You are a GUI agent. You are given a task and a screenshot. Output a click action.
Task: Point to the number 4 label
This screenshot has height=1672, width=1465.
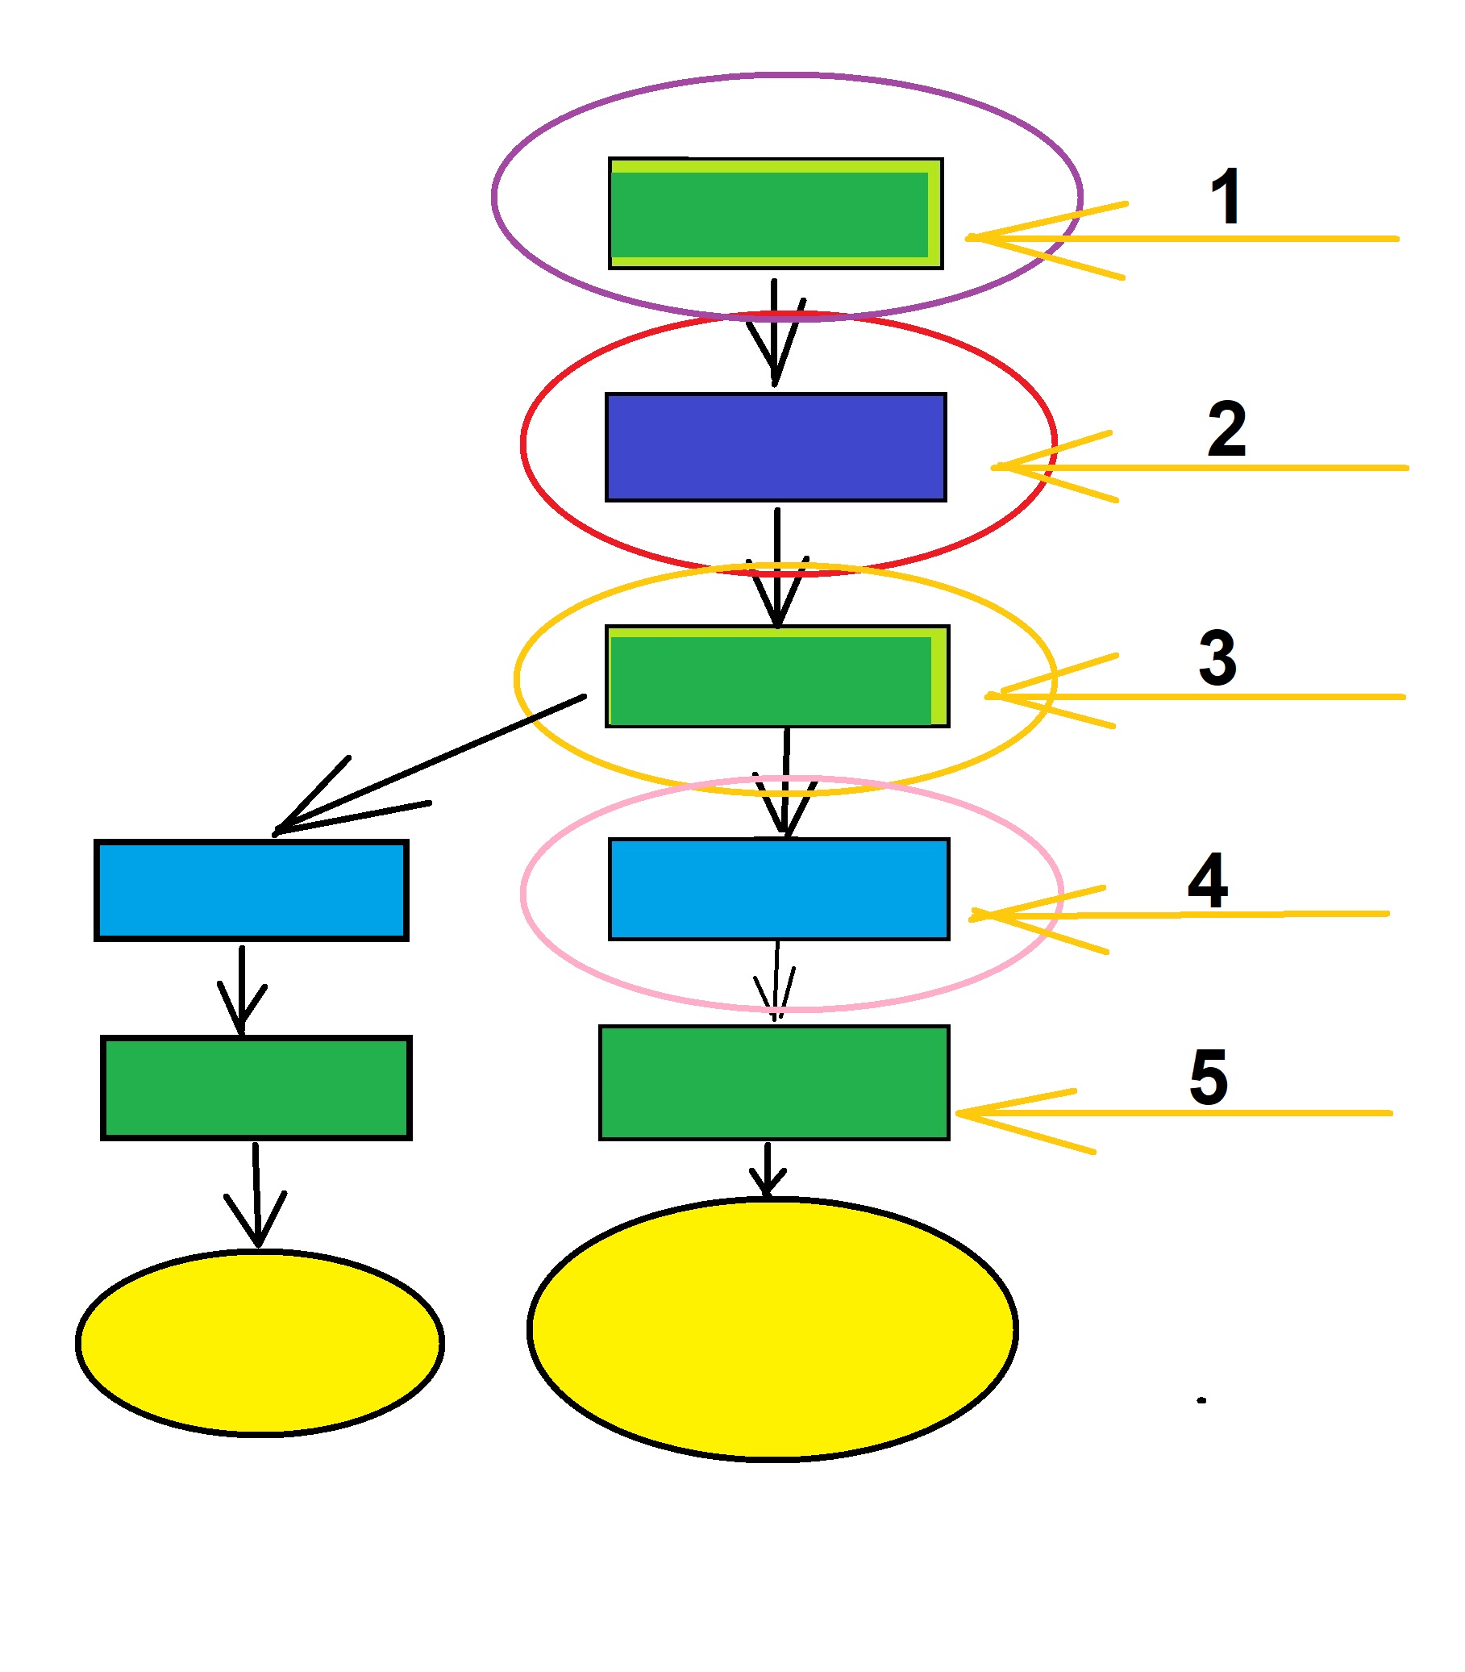click(1208, 881)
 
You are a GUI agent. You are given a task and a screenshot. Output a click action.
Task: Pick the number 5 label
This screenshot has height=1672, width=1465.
click(1209, 1077)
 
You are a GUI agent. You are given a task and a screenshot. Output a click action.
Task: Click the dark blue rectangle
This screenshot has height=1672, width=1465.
click(776, 447)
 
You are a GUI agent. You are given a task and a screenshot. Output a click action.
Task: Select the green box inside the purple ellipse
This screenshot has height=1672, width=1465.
click(775, 214)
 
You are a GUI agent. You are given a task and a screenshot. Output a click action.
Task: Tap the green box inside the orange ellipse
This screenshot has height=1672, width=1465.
click(776, 677)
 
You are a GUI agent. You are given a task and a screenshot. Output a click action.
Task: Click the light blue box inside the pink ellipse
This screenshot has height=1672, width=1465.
click(778, 889)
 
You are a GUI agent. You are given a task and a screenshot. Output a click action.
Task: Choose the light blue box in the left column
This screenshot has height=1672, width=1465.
click(251, 890)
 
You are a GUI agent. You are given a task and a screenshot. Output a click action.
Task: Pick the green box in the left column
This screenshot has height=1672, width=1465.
click(256, 1088)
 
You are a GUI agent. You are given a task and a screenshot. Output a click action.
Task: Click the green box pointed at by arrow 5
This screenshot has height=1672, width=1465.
click(774, 1082)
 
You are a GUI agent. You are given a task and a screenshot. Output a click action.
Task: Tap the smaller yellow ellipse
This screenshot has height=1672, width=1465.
click(259, 1342)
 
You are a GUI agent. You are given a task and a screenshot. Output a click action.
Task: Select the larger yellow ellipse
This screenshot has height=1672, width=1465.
click(772, 1328)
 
